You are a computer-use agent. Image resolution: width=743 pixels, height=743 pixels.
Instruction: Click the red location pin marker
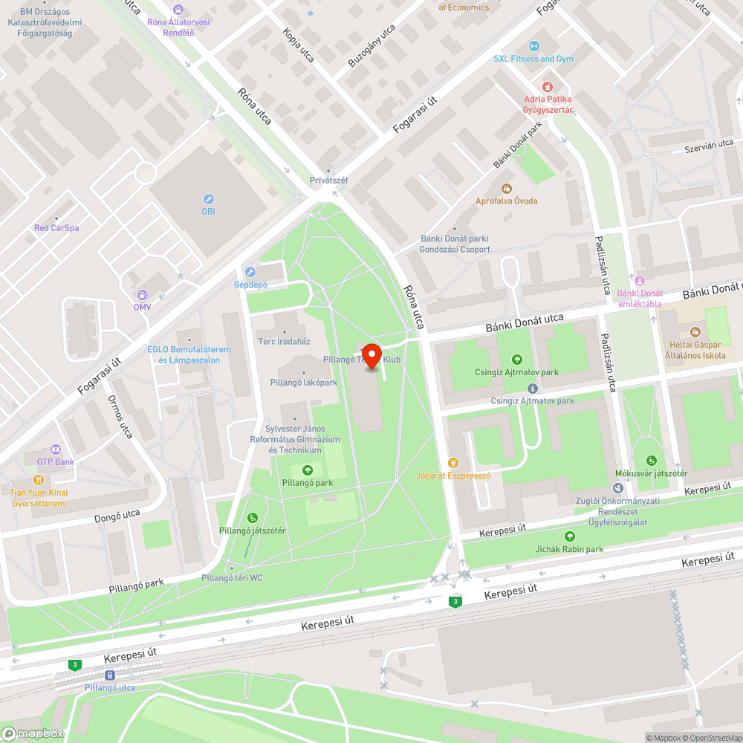click(x=371, y=354)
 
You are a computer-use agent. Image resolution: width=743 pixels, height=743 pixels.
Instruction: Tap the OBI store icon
click(x=208, y=199)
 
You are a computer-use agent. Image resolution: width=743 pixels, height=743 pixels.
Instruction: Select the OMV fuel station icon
click(x=142, y=295)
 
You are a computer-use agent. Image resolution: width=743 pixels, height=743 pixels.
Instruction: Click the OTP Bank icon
click(x=55, y=450)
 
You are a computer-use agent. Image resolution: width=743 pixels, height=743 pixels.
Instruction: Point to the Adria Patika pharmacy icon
click(x=548, y=87)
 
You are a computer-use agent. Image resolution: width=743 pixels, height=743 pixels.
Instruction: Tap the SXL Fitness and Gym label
click(x=533, y=59)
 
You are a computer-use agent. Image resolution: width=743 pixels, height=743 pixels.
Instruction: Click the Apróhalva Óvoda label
click(x=506, y=201)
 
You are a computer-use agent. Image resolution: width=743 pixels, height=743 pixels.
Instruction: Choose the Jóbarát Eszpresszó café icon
click(x=452, y=463)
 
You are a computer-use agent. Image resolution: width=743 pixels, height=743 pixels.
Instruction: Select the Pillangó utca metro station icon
click(x=110, y=675)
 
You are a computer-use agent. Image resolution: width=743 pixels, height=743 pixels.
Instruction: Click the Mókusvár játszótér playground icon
click(x=652, y=461)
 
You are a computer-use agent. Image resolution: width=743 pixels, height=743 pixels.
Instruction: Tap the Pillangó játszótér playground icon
click(x=252, y=517)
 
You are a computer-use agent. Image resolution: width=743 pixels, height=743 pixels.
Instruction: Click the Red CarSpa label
click(x=56, y=228)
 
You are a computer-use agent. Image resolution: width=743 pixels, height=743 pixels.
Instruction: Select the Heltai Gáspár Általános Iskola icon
click(x=695, y=331)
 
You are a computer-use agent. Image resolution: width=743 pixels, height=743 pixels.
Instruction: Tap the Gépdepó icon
click(x=250, y=272)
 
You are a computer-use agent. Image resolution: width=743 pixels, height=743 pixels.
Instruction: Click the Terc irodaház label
click(x=283, y=341)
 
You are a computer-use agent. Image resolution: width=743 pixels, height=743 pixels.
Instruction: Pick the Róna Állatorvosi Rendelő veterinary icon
click(x=177, y=9)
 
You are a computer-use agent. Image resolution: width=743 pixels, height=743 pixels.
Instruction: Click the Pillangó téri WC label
click(x=232, y=578)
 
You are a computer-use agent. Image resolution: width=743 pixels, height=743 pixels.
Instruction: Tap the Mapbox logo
click(x=33, y=733)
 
